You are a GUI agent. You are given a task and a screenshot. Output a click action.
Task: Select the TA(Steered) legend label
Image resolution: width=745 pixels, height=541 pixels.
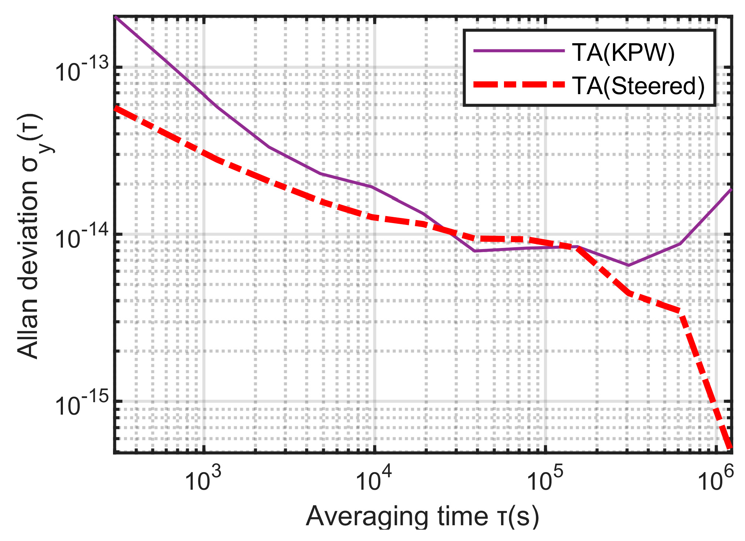(x=638, y=86)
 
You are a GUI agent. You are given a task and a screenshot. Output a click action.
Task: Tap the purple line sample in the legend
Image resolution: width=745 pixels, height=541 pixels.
(x=519, y=51)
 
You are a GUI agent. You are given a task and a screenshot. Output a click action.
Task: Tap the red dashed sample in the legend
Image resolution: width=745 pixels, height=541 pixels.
(x=519, y=85)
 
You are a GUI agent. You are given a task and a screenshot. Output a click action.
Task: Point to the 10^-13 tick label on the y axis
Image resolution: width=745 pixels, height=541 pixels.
(x=82, y=70)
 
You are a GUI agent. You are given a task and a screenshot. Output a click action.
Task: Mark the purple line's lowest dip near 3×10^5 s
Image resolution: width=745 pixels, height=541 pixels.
(x=628, y=265)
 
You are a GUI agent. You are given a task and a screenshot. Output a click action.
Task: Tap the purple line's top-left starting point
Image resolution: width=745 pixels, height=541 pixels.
(x=116, y=17)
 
